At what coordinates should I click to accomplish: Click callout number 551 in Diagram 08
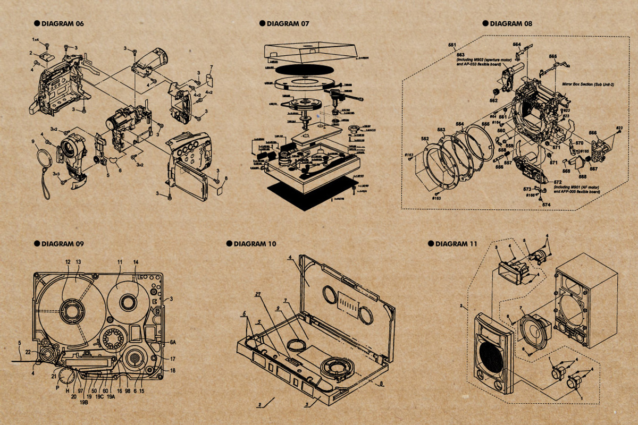[x=452, y=46]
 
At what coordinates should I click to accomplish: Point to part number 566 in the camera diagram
[x=592, y=133]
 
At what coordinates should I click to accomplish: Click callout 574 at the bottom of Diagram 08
[x=546, y=204]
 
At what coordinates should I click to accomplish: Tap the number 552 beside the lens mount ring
[x=425, y=138]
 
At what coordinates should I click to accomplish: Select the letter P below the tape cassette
[x=57, y=388]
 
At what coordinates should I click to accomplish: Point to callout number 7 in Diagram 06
[x=211, y=67]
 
